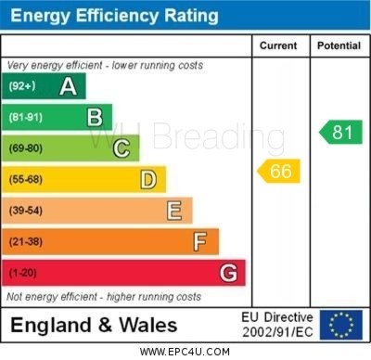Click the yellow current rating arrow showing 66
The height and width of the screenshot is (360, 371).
pyautogui.click(x=278, y=171)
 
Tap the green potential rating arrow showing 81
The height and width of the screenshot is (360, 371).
pyautogui.click(x=340, y=132)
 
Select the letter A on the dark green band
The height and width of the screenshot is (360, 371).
pyautogui.click(x=68, y=86)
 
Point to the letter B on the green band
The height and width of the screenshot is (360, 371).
pyautogui.click(x=95, y=118)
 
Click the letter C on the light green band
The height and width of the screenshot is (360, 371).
pyautogui.click(x=122, y=148)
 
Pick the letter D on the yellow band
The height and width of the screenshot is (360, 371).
pyautogui.click(x=148, y=180)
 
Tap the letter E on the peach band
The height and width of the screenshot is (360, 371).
pyautogui.click(x=174, y=211)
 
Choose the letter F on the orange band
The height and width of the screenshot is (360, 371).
pyautogui.click(x=200, y=242)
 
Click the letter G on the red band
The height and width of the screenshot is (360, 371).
pyautogui.click(x=228, y=273)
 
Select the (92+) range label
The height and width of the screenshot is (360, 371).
pyautogui.click(x=22, y=85)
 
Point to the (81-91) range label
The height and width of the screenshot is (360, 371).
pyautogui.click(x=26, y=117)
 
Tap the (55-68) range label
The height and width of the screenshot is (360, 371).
pyautogui.click(x=26, y=179)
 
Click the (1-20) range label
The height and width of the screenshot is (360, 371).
pyautogui.click(x=22, y=273)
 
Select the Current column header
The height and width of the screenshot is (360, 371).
pyautogui.click(x=278, y=45)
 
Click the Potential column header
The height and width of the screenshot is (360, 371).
pyautogui.click(x=339, y=45)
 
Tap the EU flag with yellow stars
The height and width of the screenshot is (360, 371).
pyautogui.click(x=341, y=325)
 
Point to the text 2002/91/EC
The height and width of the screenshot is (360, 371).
pyautogui.click(x=277, y=332)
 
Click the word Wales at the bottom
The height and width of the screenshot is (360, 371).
pyautogui.click(x=148, y=326)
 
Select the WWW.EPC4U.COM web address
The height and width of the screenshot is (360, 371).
pyautogui.click(x=185, y=352)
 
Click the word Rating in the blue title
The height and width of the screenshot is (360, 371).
pyautogui.click(x=191, y=16)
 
